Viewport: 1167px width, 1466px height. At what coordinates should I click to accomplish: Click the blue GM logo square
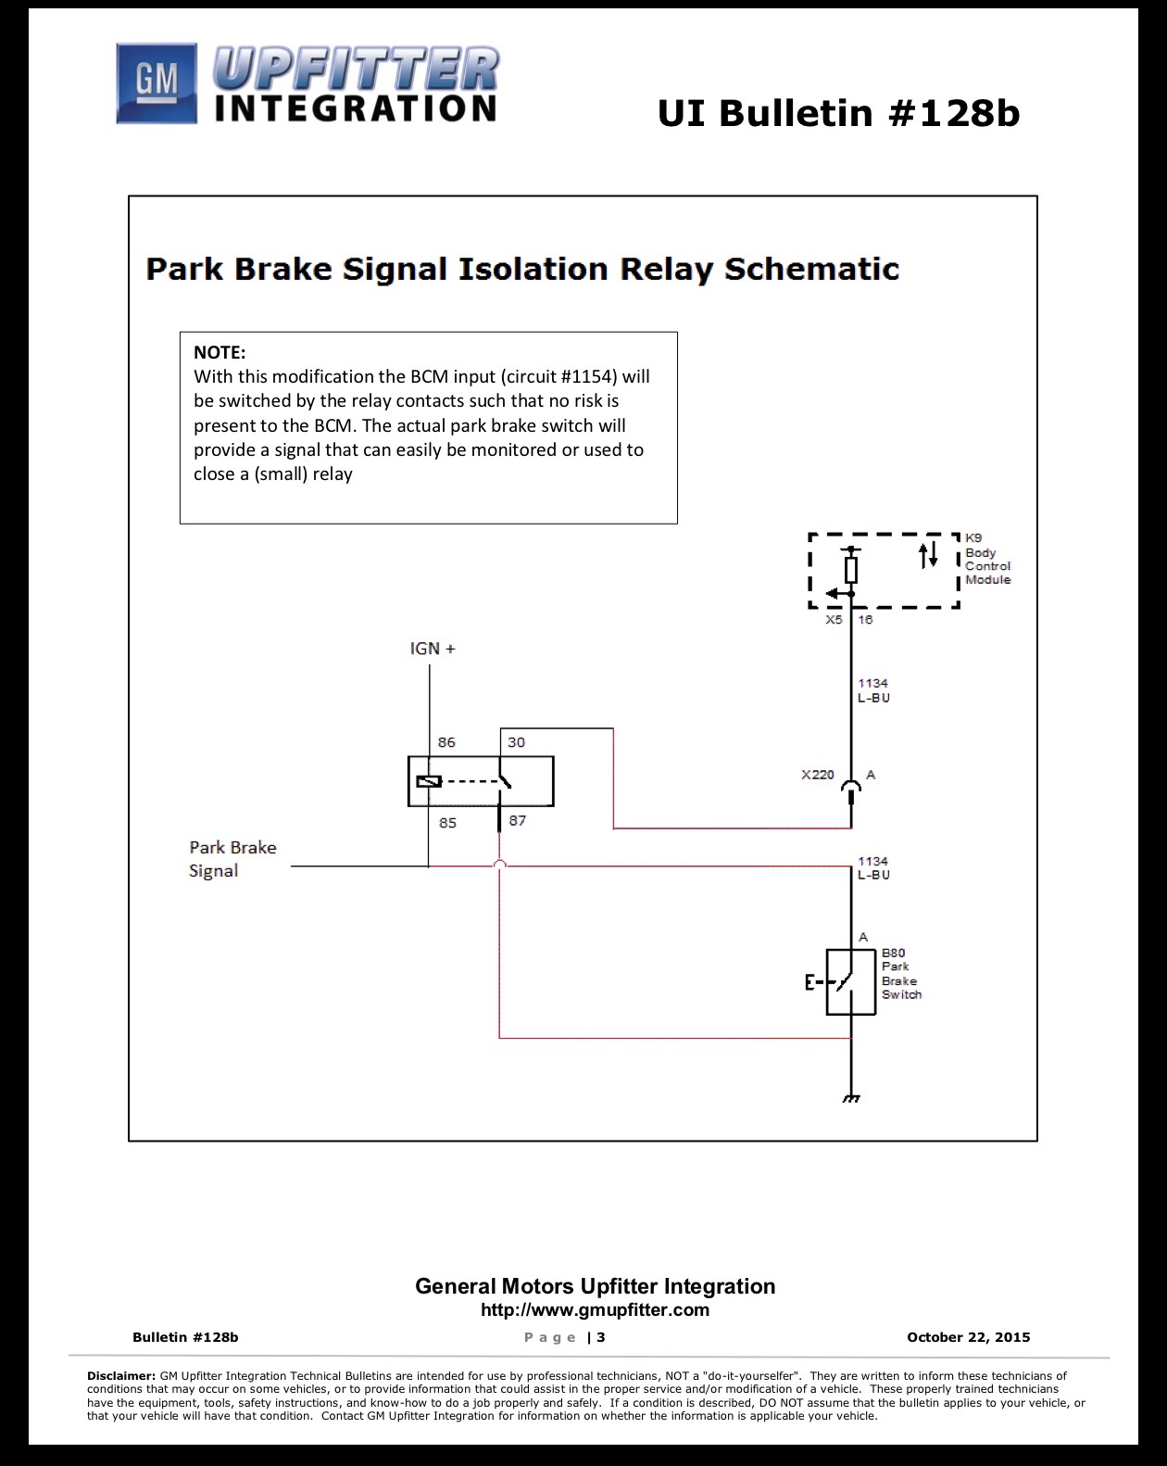pyautogui.click(x=157, y=83)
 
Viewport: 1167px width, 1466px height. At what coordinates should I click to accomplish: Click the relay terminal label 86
pyautogui.click(x=446, y=742)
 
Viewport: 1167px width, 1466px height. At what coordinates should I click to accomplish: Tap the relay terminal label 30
pyautogui.click(x=516, y=742)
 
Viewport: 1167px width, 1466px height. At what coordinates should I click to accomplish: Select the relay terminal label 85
pyautogui.click(x=447, y=823)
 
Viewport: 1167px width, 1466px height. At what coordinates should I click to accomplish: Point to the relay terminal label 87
pyautogui.click(x=518, y=821)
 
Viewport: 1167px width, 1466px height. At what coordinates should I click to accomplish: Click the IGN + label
pyautogui.click(x=433, y=649)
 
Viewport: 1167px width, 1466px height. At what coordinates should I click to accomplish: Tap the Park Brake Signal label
pyautogui.click(x=232, y=859)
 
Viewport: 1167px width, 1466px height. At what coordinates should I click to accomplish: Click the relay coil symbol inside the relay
pyautogui.click(x=429, y=781)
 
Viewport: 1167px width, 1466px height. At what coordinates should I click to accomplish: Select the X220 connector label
pyautogui.click(x=818, y=775)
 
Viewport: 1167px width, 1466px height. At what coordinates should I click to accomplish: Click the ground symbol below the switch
pyautogui.click(x=851, y=1098)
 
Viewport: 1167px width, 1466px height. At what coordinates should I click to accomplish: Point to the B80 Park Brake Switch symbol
pyautogui.click(x=850, y=981)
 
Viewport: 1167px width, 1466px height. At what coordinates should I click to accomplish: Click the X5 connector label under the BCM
pyautogui.click(x=834, y=620)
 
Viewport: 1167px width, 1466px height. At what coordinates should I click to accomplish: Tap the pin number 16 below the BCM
pyautogui.click(x=865, y=620)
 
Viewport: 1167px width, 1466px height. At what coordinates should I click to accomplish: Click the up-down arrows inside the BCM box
pyautogui.click(x=929, y=554)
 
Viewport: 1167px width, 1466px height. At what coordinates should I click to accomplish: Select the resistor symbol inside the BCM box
pyautogui.click(x=851, y=570)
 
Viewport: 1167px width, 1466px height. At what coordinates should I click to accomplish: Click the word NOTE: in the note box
pyautogui.click(x=220, y=352)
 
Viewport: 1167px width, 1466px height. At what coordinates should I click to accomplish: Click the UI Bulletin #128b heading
pyautogui.click(x=839, y=113)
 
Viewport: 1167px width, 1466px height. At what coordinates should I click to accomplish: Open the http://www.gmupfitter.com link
pyautogui.click(x=595, y=1309)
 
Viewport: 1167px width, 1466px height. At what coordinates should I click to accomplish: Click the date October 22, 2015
pyautogui.click(x=968, y=1337)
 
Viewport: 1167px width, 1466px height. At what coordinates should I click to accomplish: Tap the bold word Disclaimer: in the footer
pyautogui.click(x=121, y=1375)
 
